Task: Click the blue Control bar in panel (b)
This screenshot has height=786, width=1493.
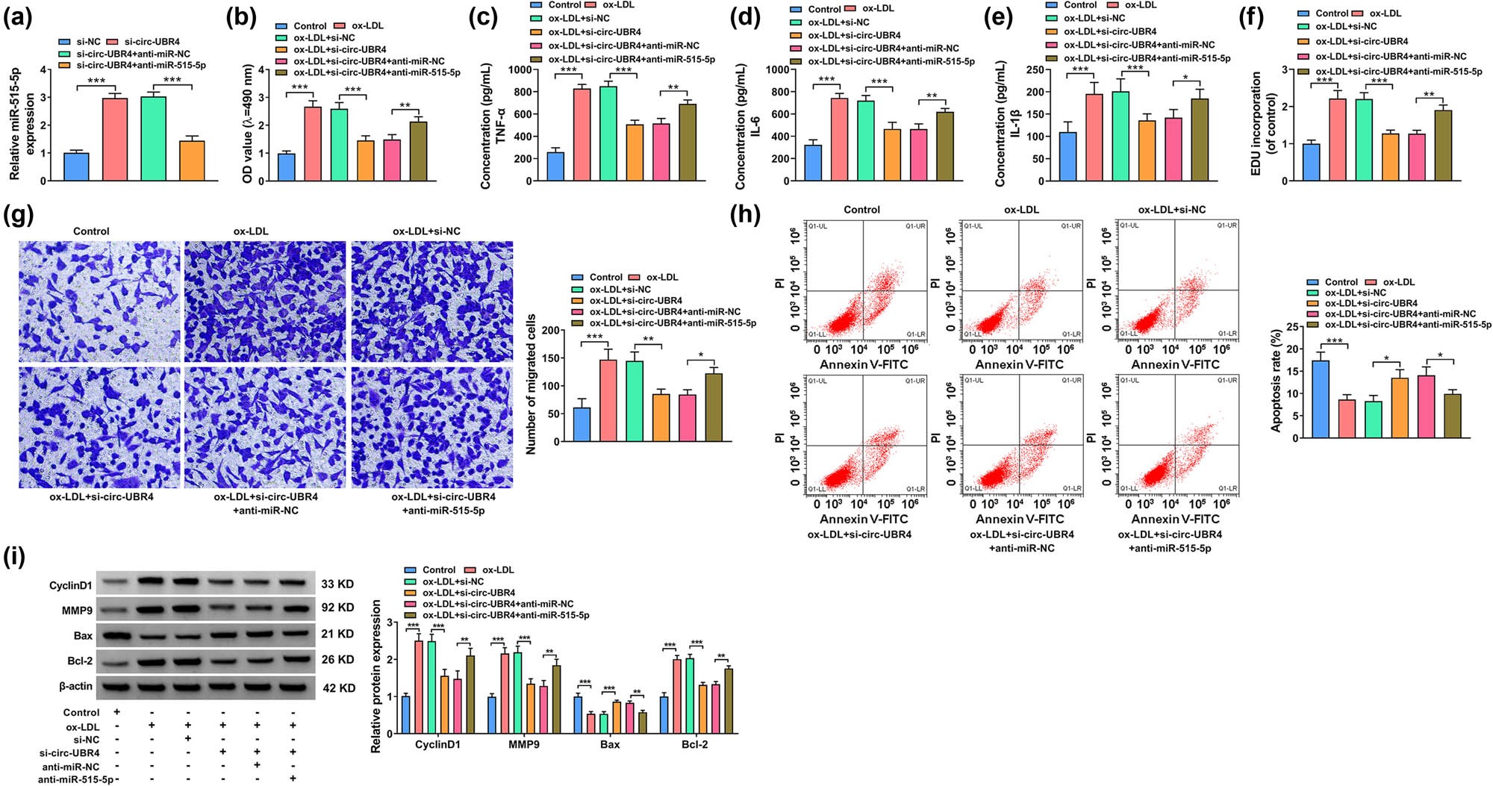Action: (x=286, y=167)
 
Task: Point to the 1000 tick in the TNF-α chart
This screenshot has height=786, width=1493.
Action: (x=520, y=70)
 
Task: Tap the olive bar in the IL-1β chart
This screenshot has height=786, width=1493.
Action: (x=1200, y=140)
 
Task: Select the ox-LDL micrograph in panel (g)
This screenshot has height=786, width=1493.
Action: (x=265, y=301)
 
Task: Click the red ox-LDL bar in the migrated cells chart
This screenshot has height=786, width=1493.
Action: (x=608, y=401)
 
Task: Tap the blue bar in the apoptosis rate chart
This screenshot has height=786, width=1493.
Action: (x=1321, y=399)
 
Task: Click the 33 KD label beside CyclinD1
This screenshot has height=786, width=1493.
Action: (x=337, y=584)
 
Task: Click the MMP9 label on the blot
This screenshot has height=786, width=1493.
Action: (x=77, y=611)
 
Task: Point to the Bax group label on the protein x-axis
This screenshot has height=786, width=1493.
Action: (x=610, y=745)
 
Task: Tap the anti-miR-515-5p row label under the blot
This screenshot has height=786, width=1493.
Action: (x=75, y=779)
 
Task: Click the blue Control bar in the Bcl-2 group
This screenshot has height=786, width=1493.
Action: (x=664, y=715)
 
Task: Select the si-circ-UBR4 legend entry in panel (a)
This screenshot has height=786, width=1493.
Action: (x=152, y=42)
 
